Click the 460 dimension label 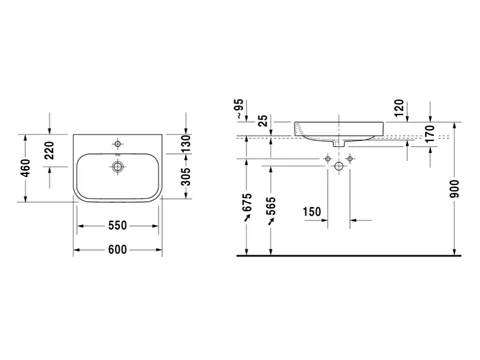(x=26, y=168)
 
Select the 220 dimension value (x=49, y=150)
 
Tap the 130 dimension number (x=186, y=143)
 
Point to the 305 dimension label (x=186, y=177)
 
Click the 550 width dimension (x=118, y=226)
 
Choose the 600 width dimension (x=118, y=249)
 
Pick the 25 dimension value (x=263, y=121)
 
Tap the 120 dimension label (x=399, y=108)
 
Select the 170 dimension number (x=430, y=133)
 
